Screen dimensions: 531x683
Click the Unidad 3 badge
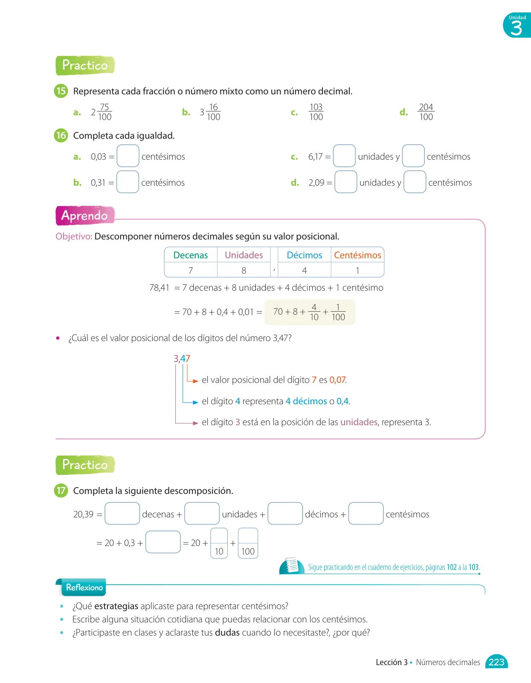click(x=517, y=25)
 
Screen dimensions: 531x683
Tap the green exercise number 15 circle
click(x=61, y=91)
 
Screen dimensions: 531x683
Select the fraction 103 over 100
click(x=316, y=112)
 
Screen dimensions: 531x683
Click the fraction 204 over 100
click(x=426, y=112)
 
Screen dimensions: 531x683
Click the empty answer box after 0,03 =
click(x=128, y=155)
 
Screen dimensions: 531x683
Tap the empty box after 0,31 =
click(x=128, y=182)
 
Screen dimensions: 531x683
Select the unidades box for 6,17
click(x=344, y=155)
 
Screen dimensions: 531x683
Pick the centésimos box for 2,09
click(x=415, y=182)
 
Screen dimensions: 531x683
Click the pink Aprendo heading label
click(x=85, y=216)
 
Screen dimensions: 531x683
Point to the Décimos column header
click(x=304, y=255)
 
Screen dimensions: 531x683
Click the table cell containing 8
click(x=244, y=270)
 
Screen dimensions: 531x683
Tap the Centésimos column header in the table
click(x=357, y=255)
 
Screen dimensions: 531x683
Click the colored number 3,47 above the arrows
click(x=182, y=359)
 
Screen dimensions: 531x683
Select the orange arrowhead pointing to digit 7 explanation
click(x=196, y=381)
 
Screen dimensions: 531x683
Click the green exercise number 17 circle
click(x=61, y=490)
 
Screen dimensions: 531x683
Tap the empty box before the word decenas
click(x=122, y=513)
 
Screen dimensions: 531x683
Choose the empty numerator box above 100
click(x=248, y=536)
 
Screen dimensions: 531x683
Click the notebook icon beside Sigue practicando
click(x=292, y=566)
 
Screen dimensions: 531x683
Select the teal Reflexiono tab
click(x=84, y=587)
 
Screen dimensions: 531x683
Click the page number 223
click(x=496, y=662)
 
